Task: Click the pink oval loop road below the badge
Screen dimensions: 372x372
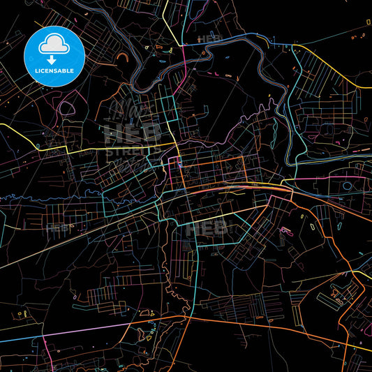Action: pos(68,108)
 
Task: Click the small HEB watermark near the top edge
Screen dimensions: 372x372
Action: pos(207,38)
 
